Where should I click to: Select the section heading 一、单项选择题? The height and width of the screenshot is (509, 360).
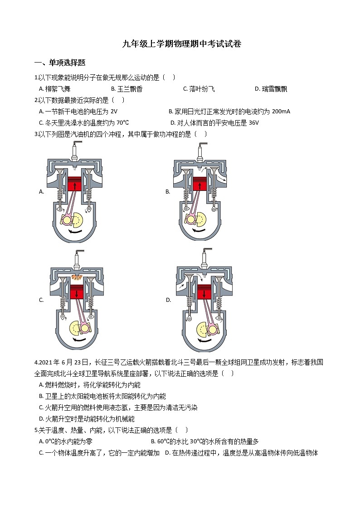pos(60,63)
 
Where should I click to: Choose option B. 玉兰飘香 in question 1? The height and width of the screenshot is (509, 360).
pos(126,89)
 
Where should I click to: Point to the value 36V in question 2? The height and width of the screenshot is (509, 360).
pos(254,122)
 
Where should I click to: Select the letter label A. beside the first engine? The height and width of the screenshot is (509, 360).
pos(41,192)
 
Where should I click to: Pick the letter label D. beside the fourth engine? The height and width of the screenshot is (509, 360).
pos(168,300)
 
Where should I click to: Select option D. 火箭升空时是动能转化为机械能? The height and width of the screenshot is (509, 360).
pos(87,419)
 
